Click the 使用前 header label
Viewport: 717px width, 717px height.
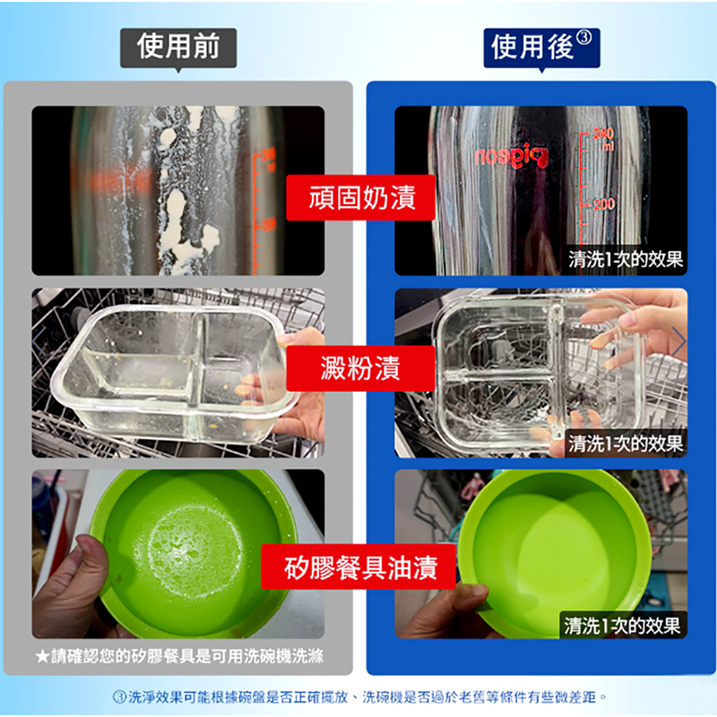pos(177,47)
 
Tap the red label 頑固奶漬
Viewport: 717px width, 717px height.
pos(360,198)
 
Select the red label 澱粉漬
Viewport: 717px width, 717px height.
pos(360,367)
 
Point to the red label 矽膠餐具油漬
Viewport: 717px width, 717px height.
pos(360,568)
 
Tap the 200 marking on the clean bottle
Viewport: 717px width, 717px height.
pos(602,204)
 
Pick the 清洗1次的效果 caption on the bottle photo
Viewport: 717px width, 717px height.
pos(626,260)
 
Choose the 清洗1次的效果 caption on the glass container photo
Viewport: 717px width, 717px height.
pos(626,443)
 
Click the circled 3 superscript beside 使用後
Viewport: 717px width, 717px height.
pos(584,38)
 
